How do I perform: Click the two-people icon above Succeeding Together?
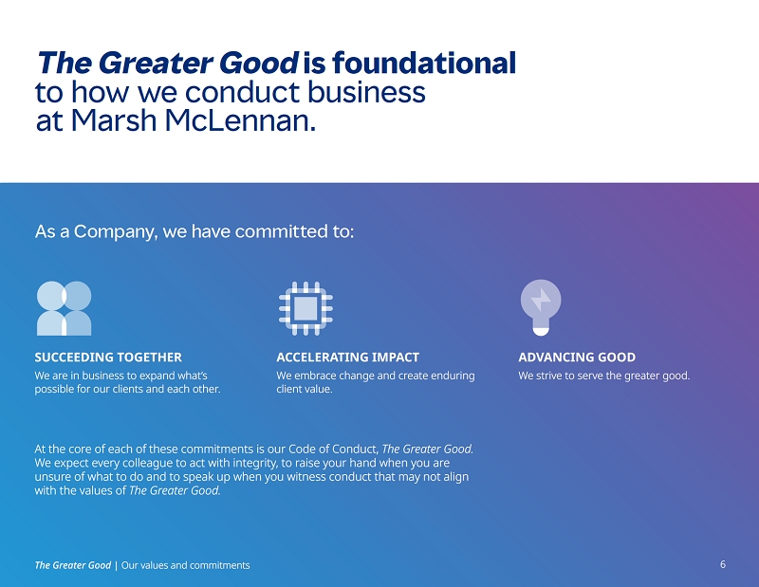pos(64,308)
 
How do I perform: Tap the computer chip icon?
pos(305,308)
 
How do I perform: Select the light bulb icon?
pos(541,307)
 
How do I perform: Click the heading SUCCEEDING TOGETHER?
pos(108,358)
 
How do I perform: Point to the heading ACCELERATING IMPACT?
pos(347,358)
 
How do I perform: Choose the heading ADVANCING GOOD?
pos(577,358)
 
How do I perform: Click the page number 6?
pos(723,564)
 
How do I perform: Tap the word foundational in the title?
pos(423,63)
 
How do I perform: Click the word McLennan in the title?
pos(240,120)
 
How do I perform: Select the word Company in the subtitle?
pos(116,231)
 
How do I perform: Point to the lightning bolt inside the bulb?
pos(541,300)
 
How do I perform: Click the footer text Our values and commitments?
pos(185,565)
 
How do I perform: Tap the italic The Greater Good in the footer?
pos(73,565)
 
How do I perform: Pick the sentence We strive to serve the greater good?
pos(604,376)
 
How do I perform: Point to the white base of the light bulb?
pos(541,332)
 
